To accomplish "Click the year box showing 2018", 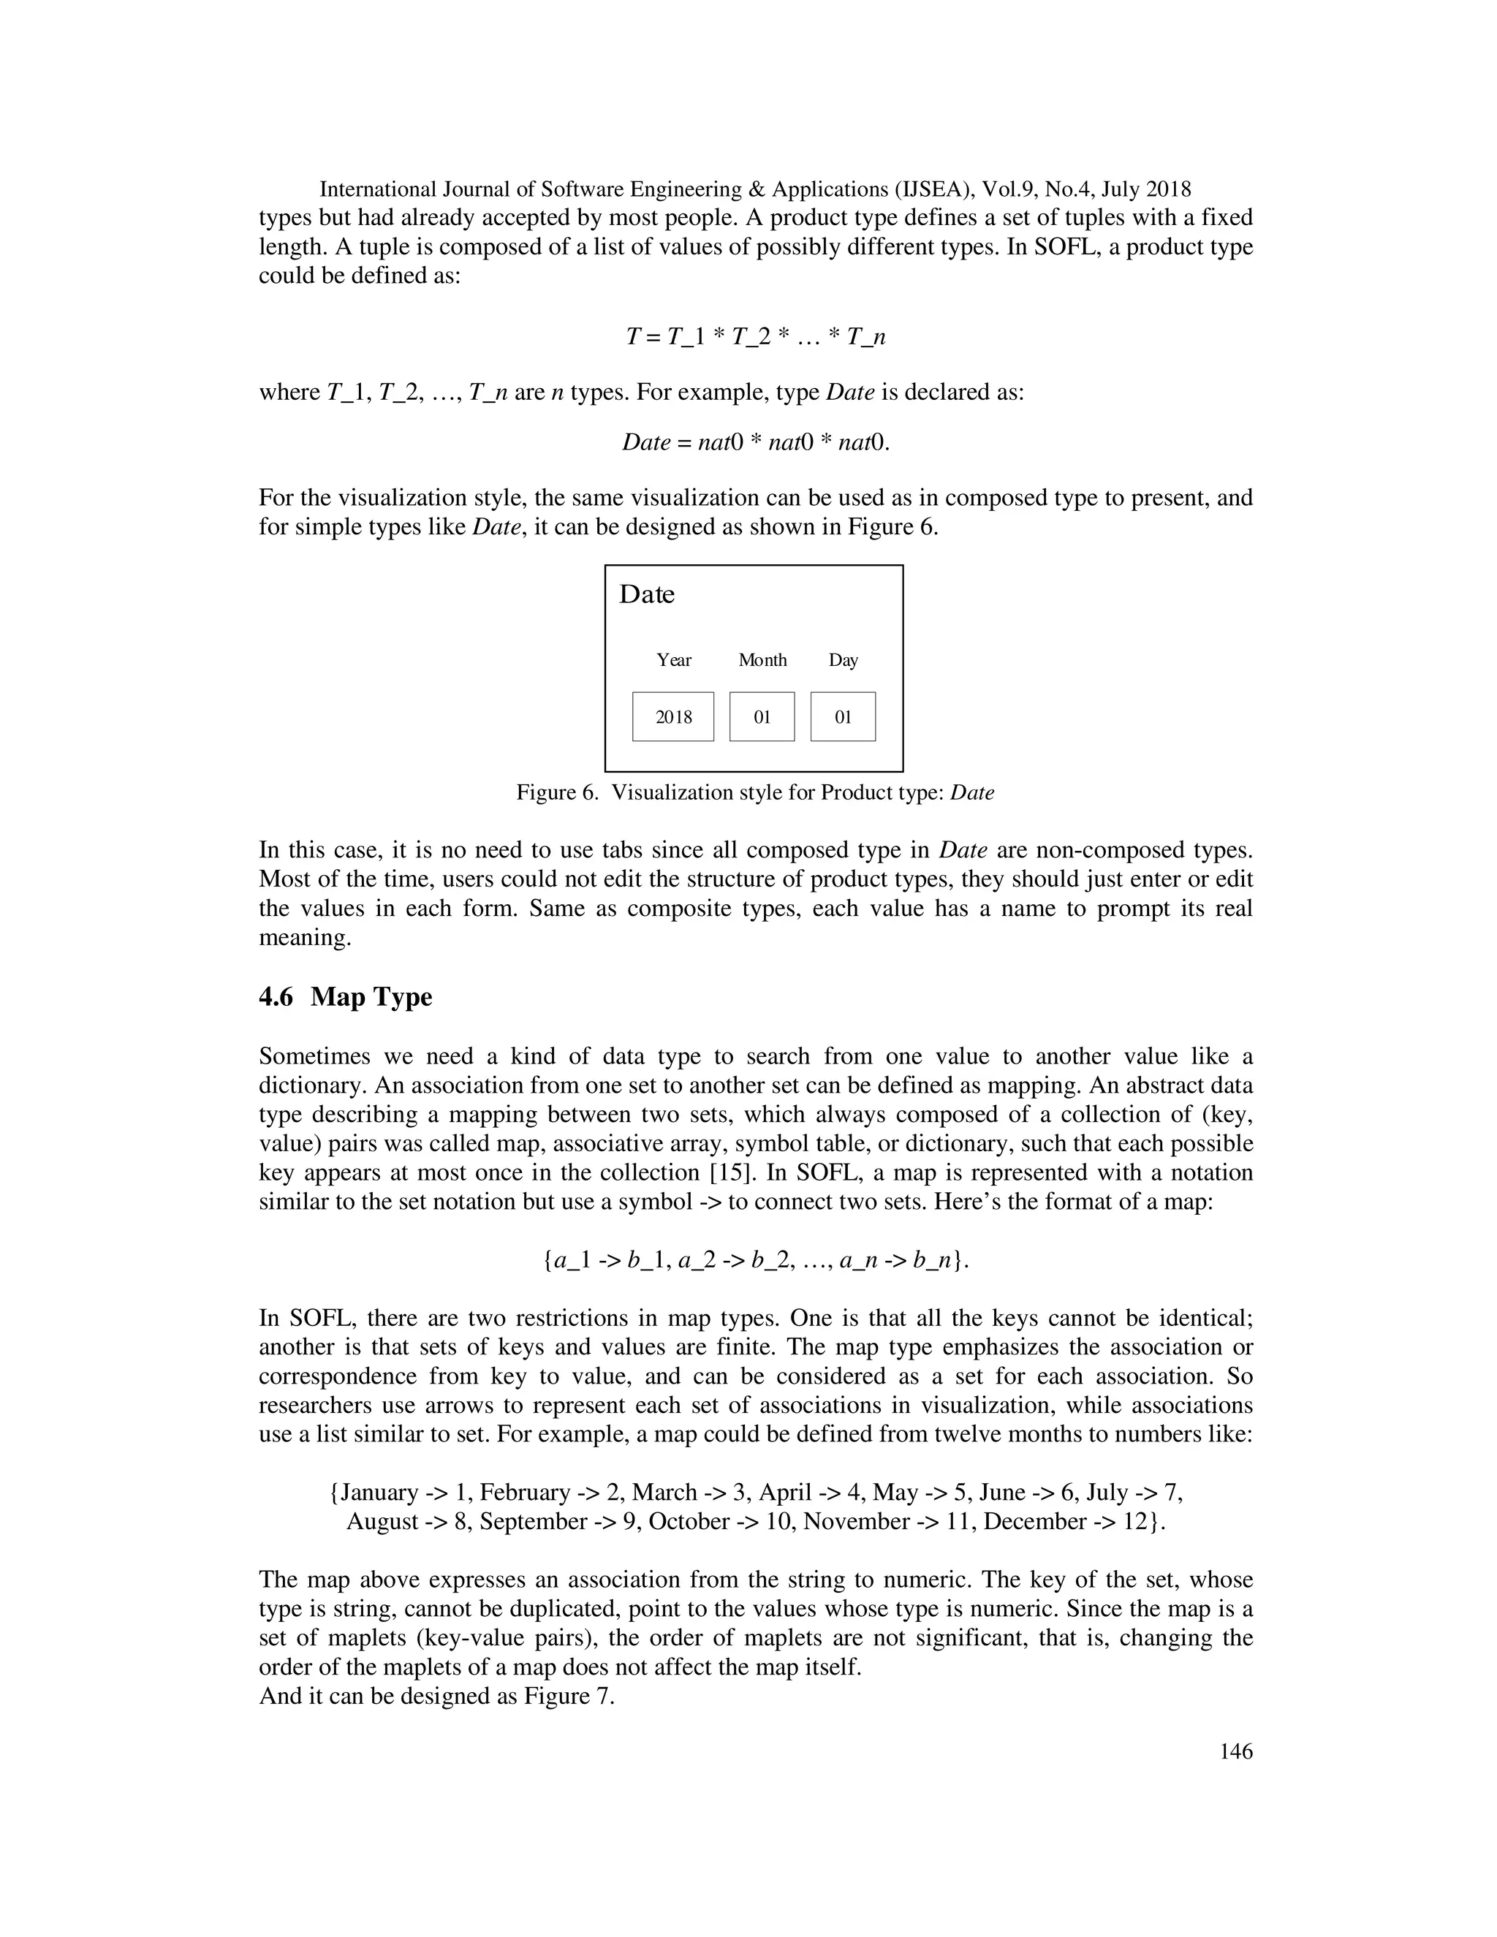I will [x=672, y=716].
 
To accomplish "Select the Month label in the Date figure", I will [x=762, y=660].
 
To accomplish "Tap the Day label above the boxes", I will [x=843, y=660].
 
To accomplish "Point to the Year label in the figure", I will [x=674, y=660].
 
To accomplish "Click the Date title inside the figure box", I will [x=646, y=594].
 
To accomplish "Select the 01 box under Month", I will [x=762, y=716].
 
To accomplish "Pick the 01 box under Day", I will [x=843, y=716].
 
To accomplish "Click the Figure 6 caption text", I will [x=754, y=793].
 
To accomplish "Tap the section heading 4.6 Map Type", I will [x=345, y=997].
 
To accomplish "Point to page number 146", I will [x=1235, y=1751].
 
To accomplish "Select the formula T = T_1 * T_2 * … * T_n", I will [x=756, y=337].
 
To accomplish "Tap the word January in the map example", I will [x=379, y=1493].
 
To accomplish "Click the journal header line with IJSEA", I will [x=754, y=189].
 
